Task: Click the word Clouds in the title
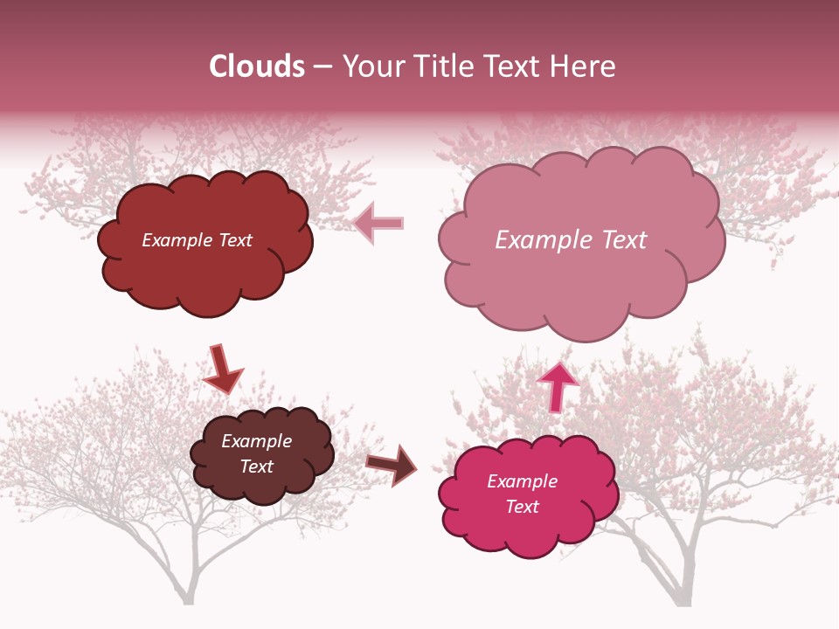tap(257, 66)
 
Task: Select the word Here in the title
tap(586, 66)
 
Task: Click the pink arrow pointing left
tap(378, 223)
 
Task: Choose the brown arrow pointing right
tap(392, 464)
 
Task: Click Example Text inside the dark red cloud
tap(197, 240)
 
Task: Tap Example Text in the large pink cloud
tap(571, 240)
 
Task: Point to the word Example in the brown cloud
tap(256, 441)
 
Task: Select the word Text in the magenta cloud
tap(522, 507)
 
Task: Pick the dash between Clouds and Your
tap(323, 66)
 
